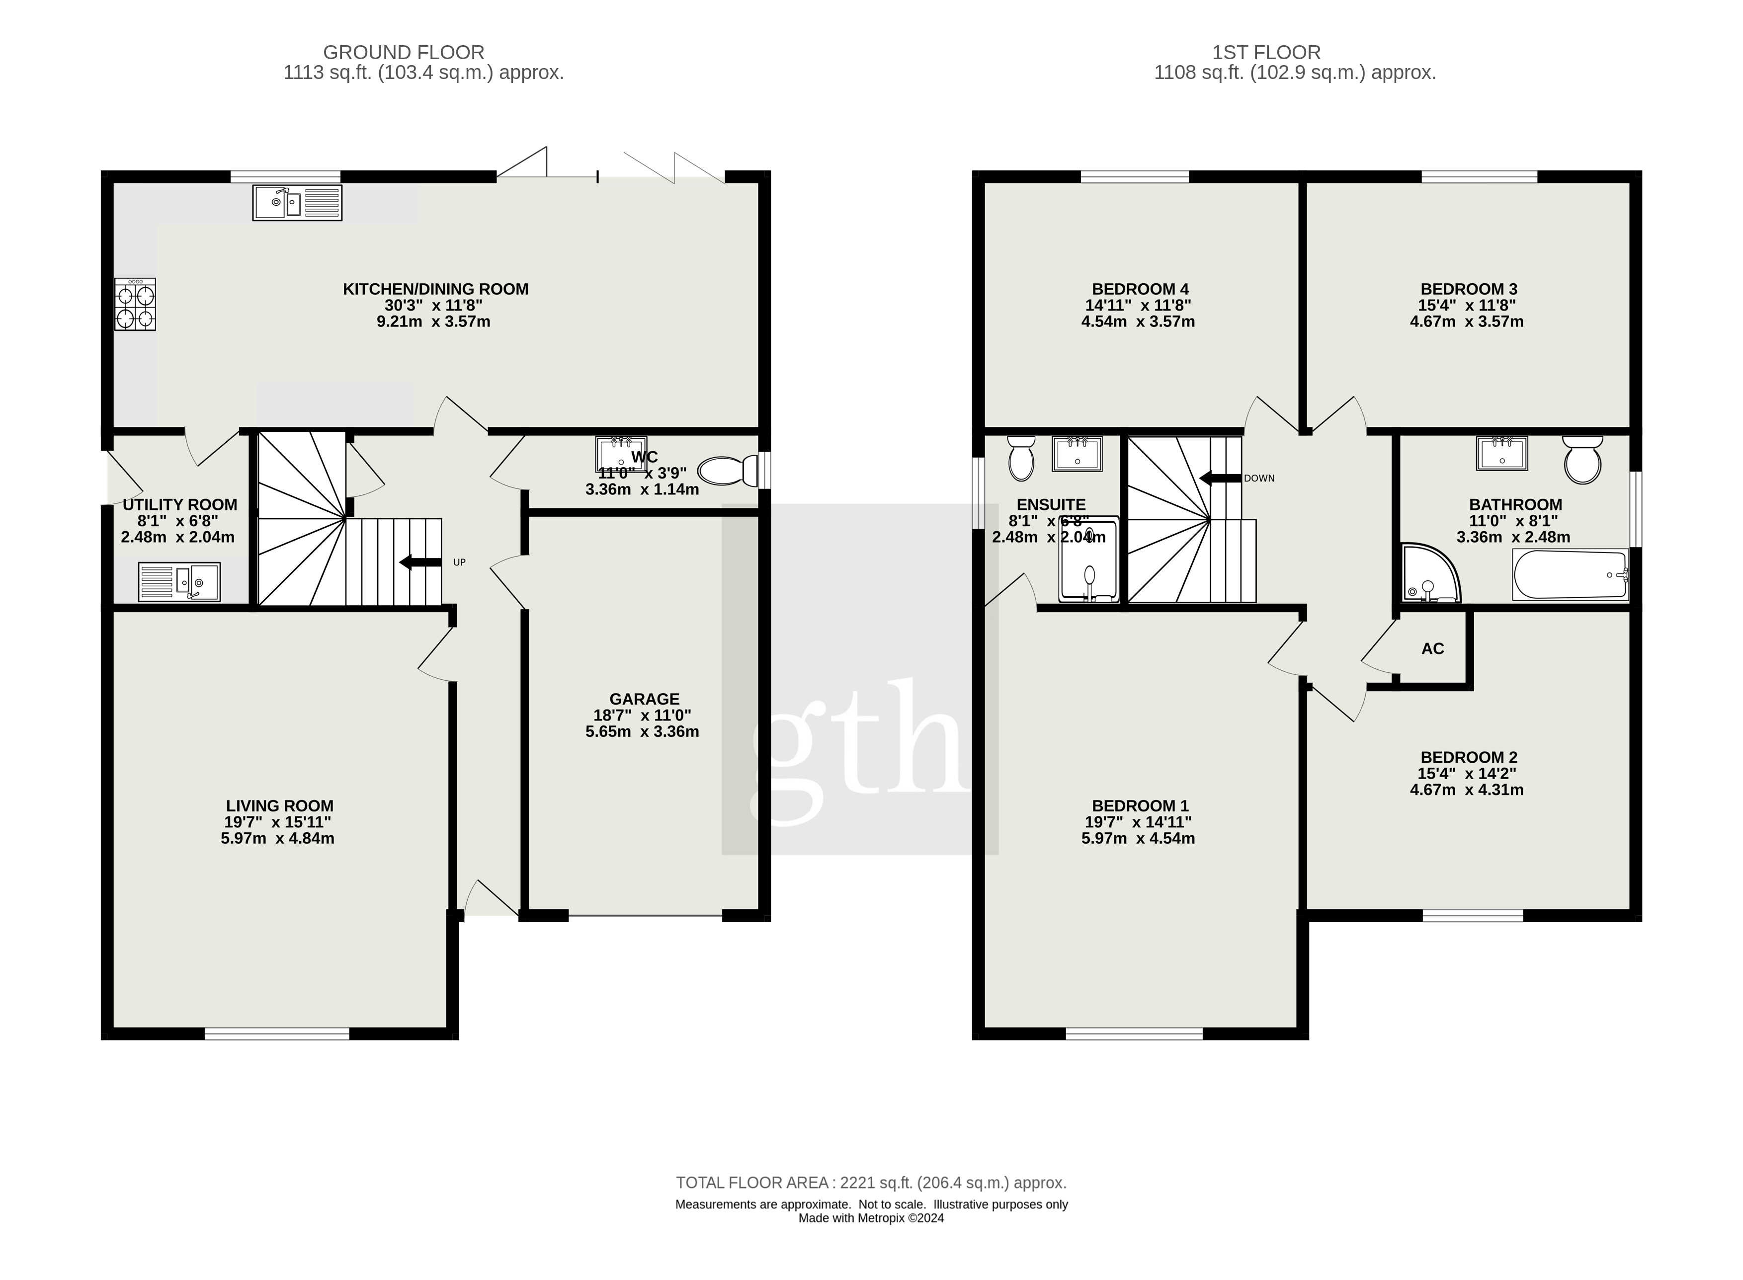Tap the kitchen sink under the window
[x=297, y=203]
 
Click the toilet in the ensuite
[x=1021, y=459]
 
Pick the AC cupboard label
[x=1432, y=648]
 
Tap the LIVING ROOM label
[x=280, y=806]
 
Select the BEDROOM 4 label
[x=1139, y=289]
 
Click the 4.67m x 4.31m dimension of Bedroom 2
[x=1466, y=790]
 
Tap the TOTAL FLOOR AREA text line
[x=871, y=1183]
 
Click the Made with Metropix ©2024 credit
[x=871, y=1218]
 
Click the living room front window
[x=277, y=1033]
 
